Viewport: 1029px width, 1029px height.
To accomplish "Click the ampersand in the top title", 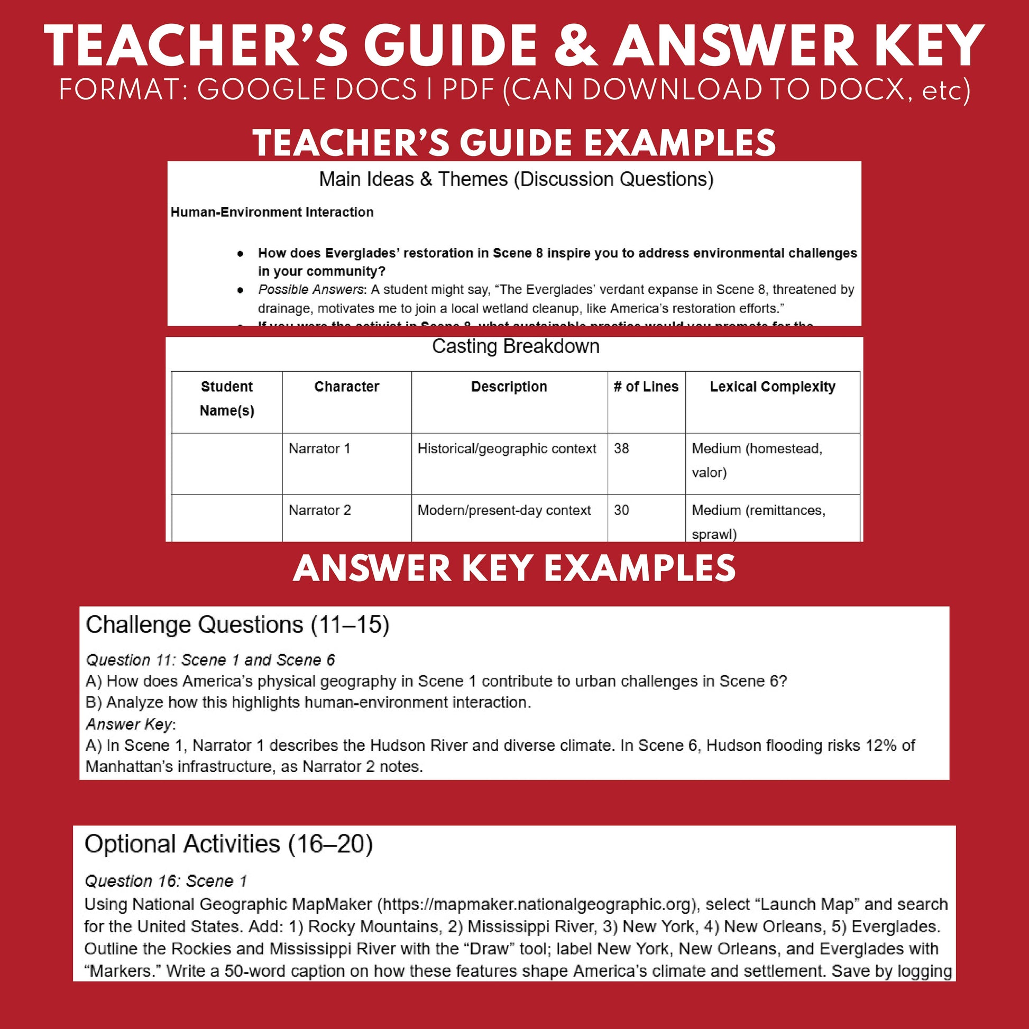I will click(x=576, y=47).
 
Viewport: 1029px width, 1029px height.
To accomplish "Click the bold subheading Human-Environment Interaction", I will click(x=272, y=212).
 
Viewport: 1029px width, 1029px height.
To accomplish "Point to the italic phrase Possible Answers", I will click(x=311, y=290).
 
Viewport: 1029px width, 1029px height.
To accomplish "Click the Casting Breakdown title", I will click(x=515, y=346).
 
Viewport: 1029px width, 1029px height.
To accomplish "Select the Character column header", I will click(x=346, y=387).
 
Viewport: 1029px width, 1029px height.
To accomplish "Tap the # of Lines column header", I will click(x=646, y=387).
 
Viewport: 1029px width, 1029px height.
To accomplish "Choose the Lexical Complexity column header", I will click(x=772, y=387).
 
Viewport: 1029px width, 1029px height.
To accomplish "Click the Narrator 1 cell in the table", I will click(x=319, y=448).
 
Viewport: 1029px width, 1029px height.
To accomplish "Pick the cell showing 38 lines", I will click(x=621, y=448).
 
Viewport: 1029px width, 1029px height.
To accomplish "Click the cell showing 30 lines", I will click(x=621, y=510).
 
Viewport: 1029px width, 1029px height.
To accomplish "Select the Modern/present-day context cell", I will click(x=504, y=510).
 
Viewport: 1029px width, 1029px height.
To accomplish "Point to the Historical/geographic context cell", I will click(x=507, y=448).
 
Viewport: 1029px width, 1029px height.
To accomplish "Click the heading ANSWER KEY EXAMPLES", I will click(x=514, y=568).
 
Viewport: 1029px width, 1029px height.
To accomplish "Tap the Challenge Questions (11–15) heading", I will click(x=237, y=625).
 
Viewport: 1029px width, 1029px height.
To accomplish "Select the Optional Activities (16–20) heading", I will click(x=228, y=844).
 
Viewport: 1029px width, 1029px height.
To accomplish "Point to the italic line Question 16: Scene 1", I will click(x=166, y=881).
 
